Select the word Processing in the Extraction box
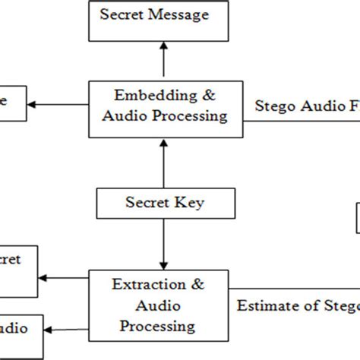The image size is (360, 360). (159, 326)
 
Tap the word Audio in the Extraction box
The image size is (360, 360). (159, 306)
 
